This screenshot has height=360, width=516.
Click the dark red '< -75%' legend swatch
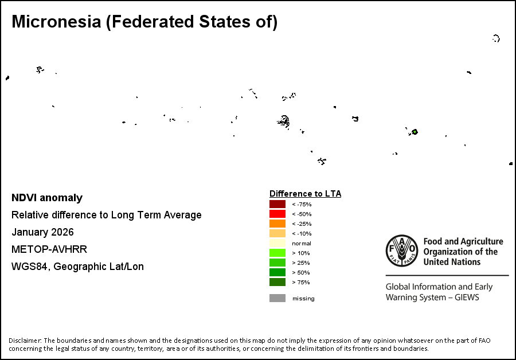coord(277,205)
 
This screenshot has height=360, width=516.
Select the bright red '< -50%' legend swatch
coord(277,214)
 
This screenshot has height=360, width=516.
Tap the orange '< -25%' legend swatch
coord(277,224)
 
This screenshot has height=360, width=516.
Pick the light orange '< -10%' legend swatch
coord(277,234)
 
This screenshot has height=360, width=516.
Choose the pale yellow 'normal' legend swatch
coord(277,244)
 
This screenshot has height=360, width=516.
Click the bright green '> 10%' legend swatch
coord(277,253)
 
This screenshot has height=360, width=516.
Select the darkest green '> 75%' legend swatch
coord(277,282)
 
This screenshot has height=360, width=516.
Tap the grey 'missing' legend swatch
coord(277,298)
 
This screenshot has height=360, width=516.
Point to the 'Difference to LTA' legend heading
coord(305,194)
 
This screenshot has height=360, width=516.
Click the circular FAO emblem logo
coord(402,251)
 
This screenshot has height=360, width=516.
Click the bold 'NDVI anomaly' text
coord(47,198)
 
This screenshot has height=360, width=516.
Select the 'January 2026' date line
coord(42,233)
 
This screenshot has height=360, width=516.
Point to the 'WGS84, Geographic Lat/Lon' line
coord(77,267)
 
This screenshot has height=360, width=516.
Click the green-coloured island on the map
coord(415,132)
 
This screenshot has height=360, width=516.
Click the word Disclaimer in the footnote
coord(25,341)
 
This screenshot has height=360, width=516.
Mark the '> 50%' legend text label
coord(301,272)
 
